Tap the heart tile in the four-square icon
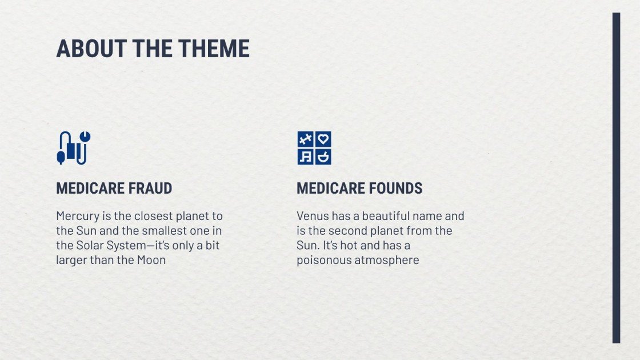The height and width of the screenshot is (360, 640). click(x=323, y=139)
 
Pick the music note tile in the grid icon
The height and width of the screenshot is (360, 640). click(x=306, y=157)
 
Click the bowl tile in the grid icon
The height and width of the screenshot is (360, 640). click(x=323, y=157)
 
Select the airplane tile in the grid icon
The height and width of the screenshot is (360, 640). click(x=306, y=139)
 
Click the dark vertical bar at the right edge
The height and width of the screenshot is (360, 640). click(x=616, y=177)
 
